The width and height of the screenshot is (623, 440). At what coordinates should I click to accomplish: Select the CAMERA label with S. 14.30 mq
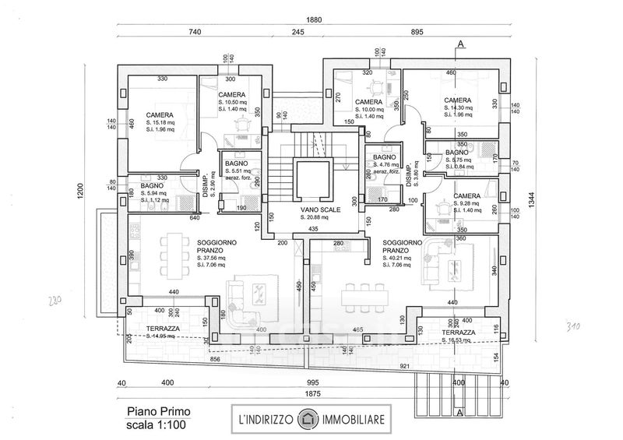tap(457, 100)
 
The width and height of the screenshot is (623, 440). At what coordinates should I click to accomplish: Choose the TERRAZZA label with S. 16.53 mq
tap(457, 332)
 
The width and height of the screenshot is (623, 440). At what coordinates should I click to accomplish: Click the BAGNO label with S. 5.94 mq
tap(152, 186)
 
